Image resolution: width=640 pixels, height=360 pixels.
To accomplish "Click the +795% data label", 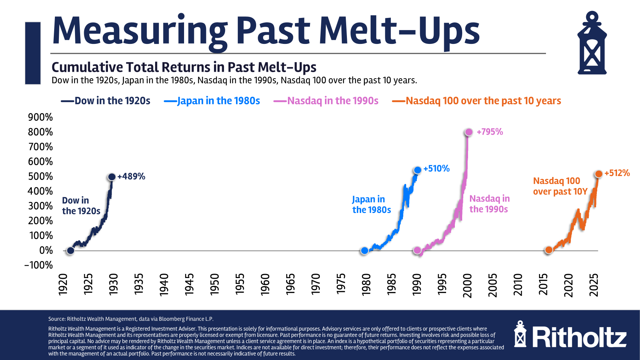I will [490, 132].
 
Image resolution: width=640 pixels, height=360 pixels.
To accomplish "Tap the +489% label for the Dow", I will [131, 176].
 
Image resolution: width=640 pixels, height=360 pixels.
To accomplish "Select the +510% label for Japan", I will [436, 169].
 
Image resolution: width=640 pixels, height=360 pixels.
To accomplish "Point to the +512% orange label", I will [617, 173].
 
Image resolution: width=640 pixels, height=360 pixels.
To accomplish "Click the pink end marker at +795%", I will [468, 132].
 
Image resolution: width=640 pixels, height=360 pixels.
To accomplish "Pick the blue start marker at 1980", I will [364, 251].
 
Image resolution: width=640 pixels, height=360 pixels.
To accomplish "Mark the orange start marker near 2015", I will [549, 250].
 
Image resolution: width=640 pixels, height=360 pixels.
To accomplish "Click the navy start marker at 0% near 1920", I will [70, 251].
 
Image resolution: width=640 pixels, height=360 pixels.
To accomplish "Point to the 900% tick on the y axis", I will [40, 117].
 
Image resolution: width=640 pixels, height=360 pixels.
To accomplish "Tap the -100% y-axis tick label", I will [38, 265].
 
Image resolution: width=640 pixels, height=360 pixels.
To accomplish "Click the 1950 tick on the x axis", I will [214, 284].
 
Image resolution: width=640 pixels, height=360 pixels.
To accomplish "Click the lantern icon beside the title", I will [592, 43].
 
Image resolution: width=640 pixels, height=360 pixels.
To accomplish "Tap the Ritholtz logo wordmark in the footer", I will [579, 337].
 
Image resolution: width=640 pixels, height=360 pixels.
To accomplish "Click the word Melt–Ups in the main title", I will [399, 31].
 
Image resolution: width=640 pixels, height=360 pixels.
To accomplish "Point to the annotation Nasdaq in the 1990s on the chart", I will [489, 204].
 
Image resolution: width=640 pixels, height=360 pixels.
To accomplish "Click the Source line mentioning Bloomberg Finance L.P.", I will [131, 319].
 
